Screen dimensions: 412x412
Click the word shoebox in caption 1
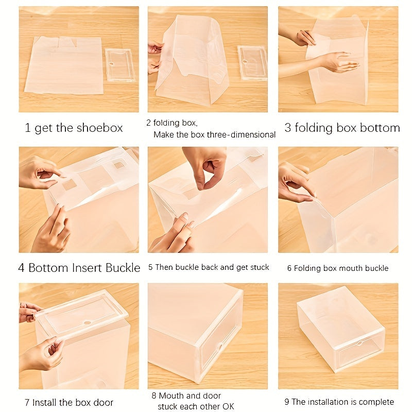(x=99, y=128)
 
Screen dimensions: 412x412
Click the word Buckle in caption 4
(x=123, y=268)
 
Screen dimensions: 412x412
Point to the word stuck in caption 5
(x=260, y=267)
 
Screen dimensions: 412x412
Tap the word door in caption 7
(x=104, y=403)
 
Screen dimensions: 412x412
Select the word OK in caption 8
(x=228, y=406)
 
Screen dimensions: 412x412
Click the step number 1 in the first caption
(x=28, y=128)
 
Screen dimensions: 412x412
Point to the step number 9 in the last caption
(x=287, y=402)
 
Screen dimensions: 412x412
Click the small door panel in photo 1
(x=120, y=65)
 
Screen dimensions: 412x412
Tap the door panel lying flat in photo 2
(x=252, y=62)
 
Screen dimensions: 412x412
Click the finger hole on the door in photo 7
(x=88, y=322)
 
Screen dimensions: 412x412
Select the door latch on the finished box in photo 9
(x=360, y=343)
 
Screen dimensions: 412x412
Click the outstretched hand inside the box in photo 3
(x=339, y=62)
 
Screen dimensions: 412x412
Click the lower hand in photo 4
(x=51, y=230)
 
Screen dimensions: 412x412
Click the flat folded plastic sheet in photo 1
(x=64, y=66)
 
